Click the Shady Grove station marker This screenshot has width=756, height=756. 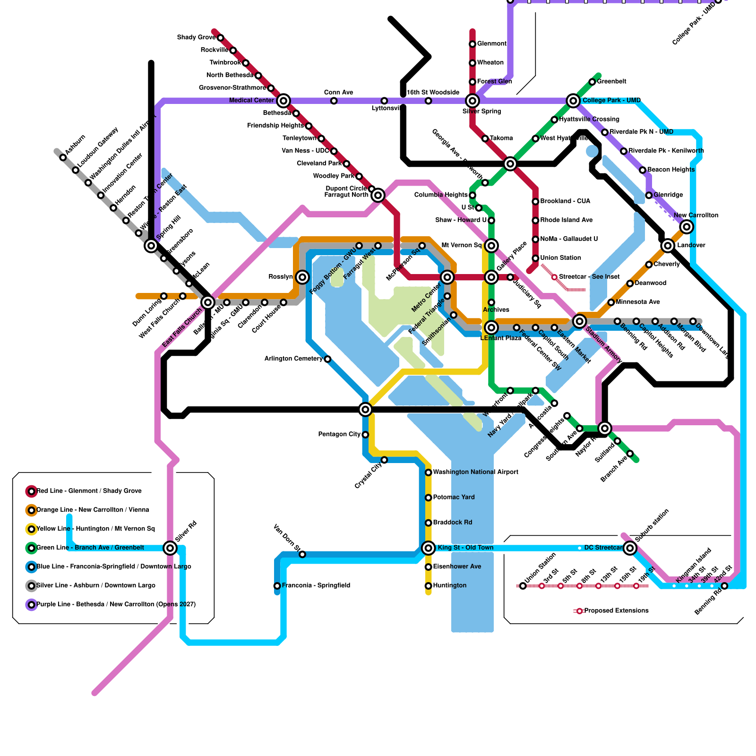(x=220, y=37)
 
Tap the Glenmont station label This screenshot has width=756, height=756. (x=491, y=43)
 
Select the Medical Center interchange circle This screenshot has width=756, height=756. (x=283, y=100)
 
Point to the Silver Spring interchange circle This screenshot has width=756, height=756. (x=472, y=100)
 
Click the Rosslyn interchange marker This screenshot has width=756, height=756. (x=302, y=277)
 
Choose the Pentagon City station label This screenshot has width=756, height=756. (x=339, y=434)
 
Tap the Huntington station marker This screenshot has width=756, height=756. (x=429, y=586)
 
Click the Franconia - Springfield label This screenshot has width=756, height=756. (x=316, y=585)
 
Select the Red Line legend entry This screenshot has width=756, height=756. (x=89, y=491)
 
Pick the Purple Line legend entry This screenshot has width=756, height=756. (x=116, y=604)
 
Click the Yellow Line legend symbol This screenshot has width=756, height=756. (x=31, y=529)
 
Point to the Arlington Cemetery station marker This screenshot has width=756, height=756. (x=327, y=359)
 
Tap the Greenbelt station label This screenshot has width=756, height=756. (x=611, y=81)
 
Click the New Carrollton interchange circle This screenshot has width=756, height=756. (x=687, y=227)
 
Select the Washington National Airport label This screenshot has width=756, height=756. (x=475, y=472)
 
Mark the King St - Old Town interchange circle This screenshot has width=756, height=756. (x=429, y=548)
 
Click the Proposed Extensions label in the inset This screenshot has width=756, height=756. (x=616, y=610)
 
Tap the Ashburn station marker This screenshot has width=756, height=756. (x=63, y=157)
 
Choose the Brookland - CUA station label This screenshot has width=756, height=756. (x=565, y=201)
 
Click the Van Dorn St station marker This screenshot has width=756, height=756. (x=302, y=554)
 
